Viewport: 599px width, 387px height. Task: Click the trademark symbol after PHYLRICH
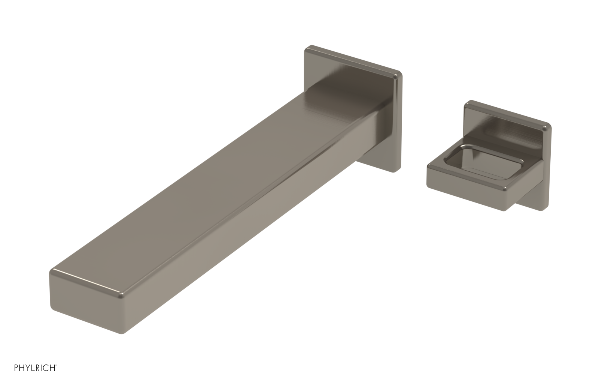pos(57,366)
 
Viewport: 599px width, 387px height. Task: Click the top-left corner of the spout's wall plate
pos(306,48)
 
